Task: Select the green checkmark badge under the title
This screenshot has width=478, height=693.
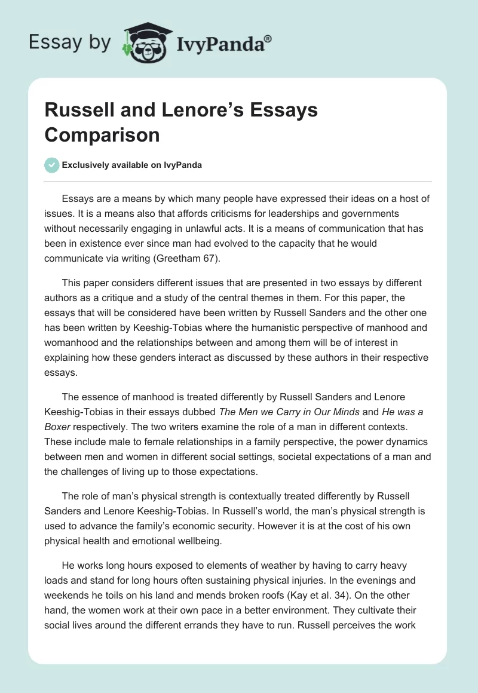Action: coord(52,165)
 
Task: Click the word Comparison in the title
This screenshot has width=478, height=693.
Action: coord(102,134)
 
